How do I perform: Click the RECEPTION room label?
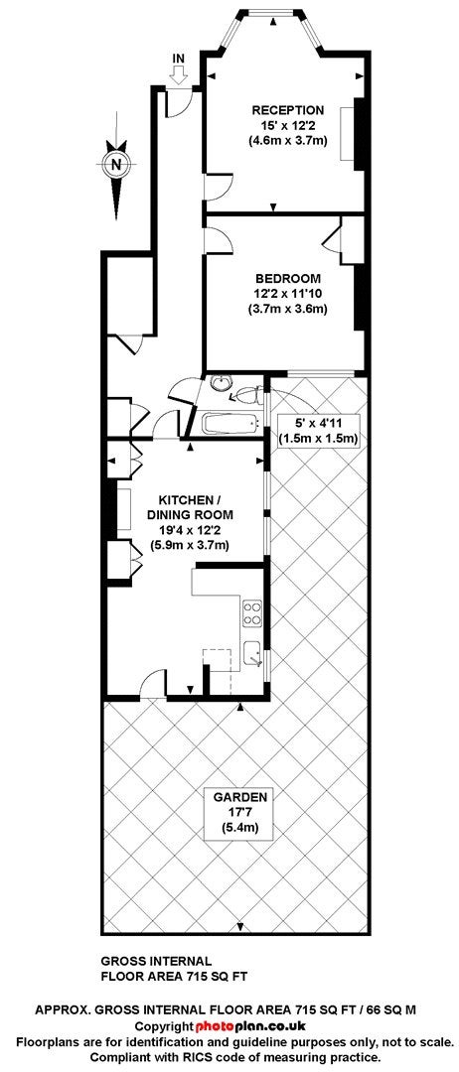click(287, 110)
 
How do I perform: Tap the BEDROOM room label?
click(287, 278)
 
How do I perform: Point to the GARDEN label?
click(238, 796)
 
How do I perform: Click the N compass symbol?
click(117, 164)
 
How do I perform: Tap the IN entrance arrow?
click(179, 71)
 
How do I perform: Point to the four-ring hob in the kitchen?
click(251, 612)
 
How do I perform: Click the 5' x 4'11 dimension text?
click(317, 424)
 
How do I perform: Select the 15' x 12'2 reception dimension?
click(287, 126)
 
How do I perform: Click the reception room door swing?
click(219, 187)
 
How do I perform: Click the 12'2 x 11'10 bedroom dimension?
click(288, 294)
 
